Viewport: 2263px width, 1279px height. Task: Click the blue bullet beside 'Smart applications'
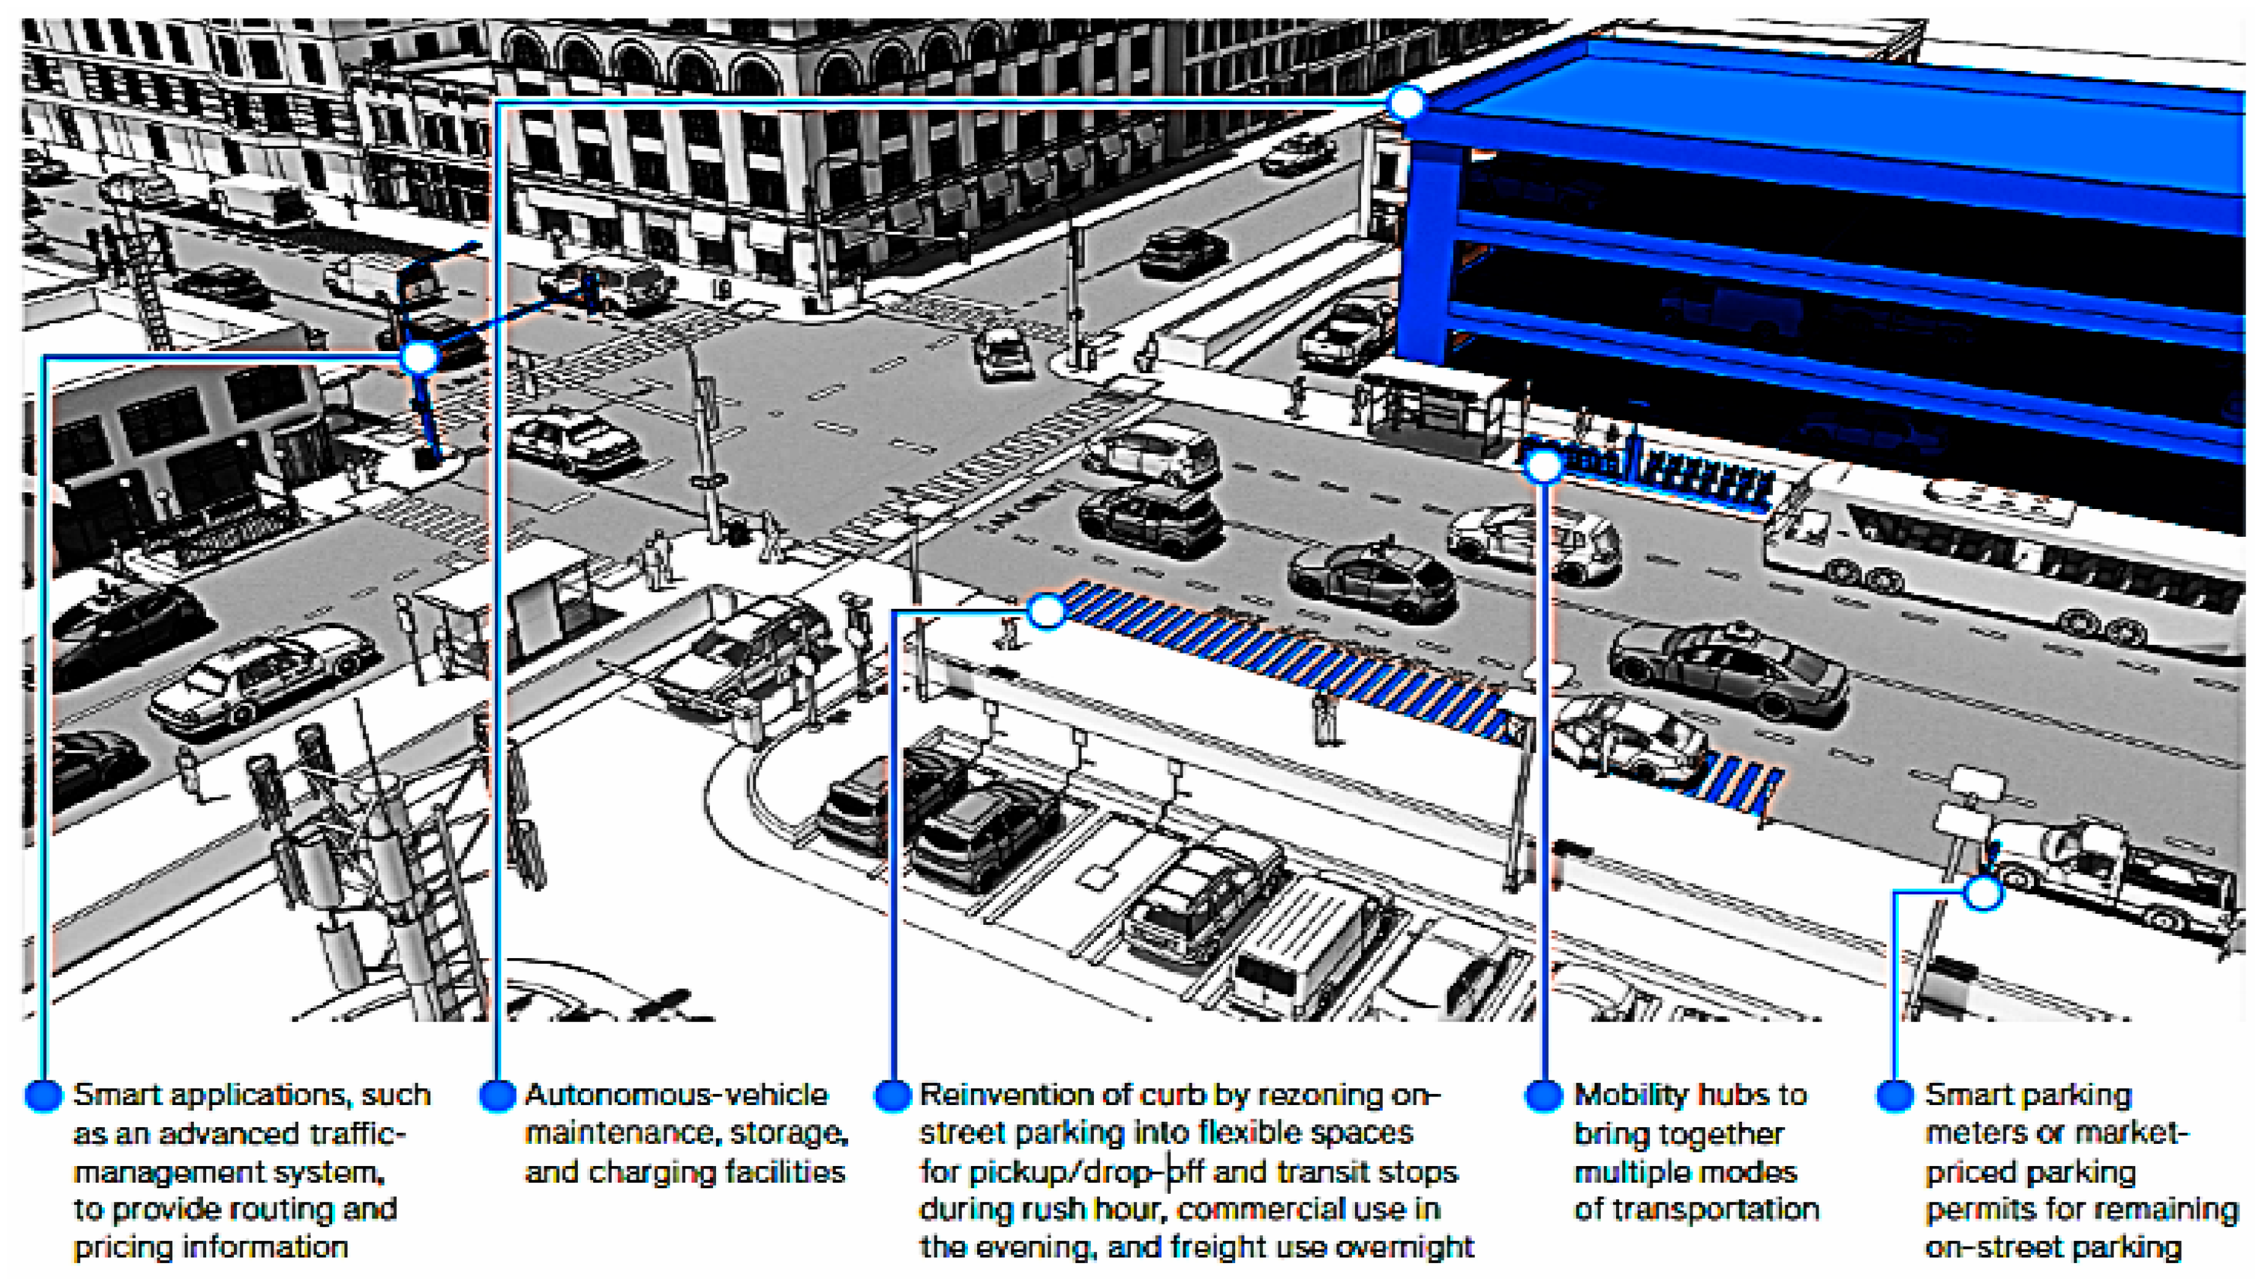(x=43, y=1095)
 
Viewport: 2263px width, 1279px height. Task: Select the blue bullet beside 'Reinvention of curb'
(x=892, y=1095)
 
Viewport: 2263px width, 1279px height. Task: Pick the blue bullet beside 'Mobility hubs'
(x=1543, y=1095)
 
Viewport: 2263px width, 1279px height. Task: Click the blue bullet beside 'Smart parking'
(x=1894, y=1095)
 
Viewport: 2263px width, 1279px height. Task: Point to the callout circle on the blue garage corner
(x=1406, y=102)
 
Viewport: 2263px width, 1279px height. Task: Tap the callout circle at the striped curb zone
(x=1046, y=611)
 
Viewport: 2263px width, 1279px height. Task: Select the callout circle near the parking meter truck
(x=1983, y=893)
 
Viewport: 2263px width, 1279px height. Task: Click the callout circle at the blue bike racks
(x=1543, y=466)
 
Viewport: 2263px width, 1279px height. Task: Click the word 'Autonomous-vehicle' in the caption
(x=676, y=1095)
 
